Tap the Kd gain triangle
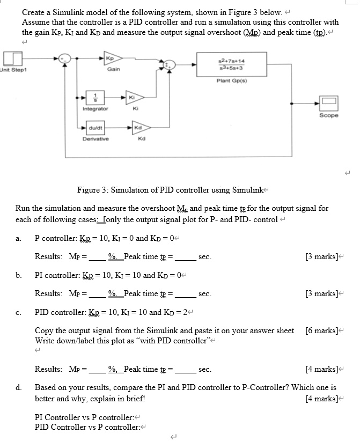click(x=139, y=127)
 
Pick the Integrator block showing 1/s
click(x=95, y=98)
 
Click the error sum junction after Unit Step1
click(x=65, y=58)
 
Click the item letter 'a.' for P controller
click(x=19, y=238)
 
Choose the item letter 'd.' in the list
click(x=19, y=387)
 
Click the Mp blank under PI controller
click(x=97, y=294)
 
